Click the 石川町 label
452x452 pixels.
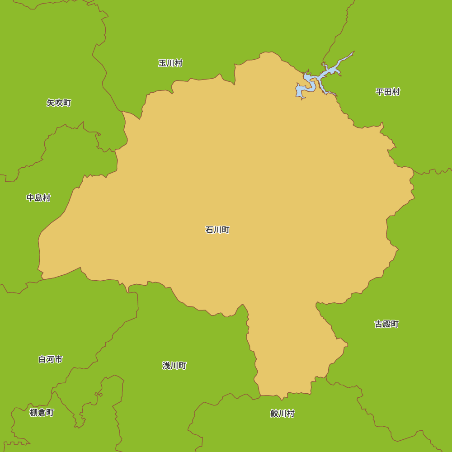click(217, 230)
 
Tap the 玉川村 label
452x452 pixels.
click(170, 63)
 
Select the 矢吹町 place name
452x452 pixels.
click(59, 103)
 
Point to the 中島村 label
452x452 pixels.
click(38, 198)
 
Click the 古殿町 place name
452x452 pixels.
click(387, 324)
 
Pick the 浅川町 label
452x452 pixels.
click(174, 366)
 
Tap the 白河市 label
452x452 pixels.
click(51, 359)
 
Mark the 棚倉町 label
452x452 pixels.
click(42, 413)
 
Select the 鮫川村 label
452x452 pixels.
click(282, 414)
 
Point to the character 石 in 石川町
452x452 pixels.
click(209, 230)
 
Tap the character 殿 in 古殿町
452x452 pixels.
click(387, 324)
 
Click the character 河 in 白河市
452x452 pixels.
click(51, 359)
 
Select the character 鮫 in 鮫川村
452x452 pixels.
click(274, 414)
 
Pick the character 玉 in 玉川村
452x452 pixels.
click(162, 63)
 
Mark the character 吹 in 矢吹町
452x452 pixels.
click(59, 103)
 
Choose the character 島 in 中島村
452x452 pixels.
click(38, 198)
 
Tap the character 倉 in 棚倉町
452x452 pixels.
click(42, 413)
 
